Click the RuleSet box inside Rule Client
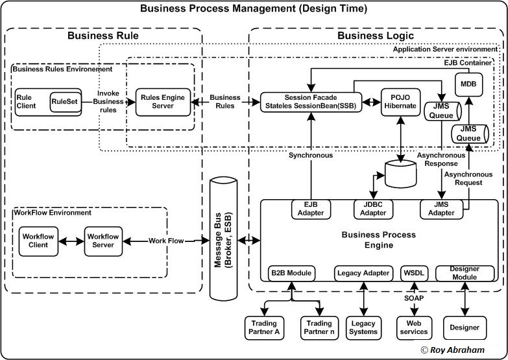pyautogui.click(x=66, y=102)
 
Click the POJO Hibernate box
pyautogui.click(x=399, y=102)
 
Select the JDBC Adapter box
pyautogui.click(x=373, y=209)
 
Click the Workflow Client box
pyautogui.click(x=38, y=241)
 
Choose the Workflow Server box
pyautogui.click(x=103, y=241)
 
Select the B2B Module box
pyautogui.click(x=291, y=273)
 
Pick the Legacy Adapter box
pyautogui.click(x=363, y=273)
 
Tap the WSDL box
pyautogui.click(x=413, y=273)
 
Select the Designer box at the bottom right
pyautogui.click(x=465, y=327)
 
